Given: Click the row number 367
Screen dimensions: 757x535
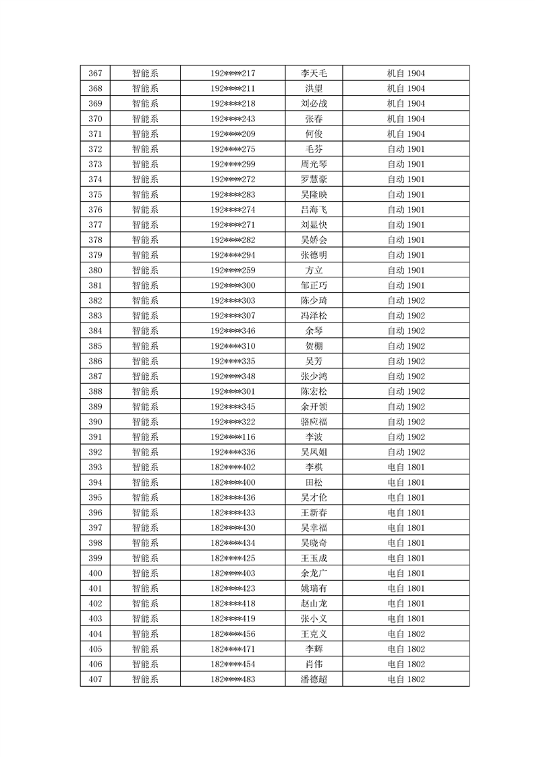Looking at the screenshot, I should (x=95, y=74).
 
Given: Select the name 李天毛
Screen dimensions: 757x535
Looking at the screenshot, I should (x=314, y=74).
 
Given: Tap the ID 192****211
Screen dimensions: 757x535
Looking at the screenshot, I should (x=233, y=88).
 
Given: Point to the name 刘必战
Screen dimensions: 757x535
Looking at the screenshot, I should (x=314, y=104).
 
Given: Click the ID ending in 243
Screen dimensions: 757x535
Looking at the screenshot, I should (x=233, y=119).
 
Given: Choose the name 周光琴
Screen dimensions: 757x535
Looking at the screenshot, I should (x=314, y=164).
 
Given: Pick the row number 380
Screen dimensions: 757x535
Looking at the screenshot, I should (x=95, y=270).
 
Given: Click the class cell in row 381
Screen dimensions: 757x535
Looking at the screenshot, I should (x=405, y=285).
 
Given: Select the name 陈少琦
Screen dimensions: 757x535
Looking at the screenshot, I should (x=314, y=300).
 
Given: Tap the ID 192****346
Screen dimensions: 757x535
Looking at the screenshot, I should (x=233, y=331).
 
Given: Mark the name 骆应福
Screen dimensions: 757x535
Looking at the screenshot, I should (x=314, y=422).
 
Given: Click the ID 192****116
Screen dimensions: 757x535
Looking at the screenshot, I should (x=233, y=437).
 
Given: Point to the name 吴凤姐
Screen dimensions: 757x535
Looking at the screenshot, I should (x=314, y=452).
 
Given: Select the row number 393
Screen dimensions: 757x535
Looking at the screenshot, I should (x=95, y=467).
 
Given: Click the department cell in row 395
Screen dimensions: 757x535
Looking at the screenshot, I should (x=145, y=497).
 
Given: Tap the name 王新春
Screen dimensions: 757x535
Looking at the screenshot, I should (x=314, y=512).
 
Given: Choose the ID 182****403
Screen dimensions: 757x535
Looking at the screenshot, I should (x=233, y=573).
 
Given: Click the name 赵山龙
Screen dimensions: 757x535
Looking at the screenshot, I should (x=314, y=603).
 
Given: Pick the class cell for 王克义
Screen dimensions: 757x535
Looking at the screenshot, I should (x=405, y=634).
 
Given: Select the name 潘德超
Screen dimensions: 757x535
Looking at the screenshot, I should (x=314, y=679).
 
